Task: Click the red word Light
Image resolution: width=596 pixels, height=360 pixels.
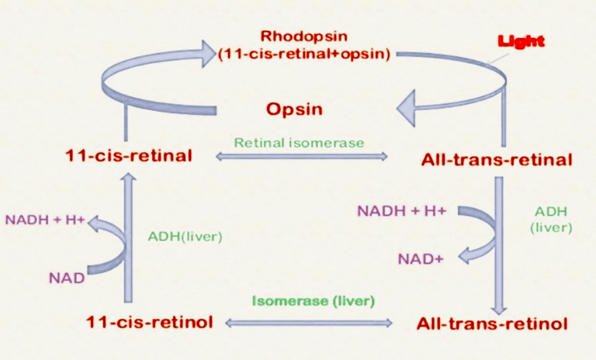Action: coord(521,40)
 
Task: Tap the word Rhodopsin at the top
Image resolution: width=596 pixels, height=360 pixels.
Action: coord(304,36)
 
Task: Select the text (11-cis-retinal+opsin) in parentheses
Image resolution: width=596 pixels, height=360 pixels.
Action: coord(304,54)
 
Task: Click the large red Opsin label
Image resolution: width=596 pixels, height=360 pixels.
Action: coord(294,109)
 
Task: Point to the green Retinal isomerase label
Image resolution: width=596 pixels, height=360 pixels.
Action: coord(299,143)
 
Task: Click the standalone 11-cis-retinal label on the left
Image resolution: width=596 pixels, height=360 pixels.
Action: coord(129,156)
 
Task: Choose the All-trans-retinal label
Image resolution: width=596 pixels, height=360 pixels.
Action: coord(497,160)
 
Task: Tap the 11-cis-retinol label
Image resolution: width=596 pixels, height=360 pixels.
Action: coord(150,322)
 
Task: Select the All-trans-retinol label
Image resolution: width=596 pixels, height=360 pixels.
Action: coord(492,324)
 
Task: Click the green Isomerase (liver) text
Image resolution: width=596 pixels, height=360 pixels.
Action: coord(314,301)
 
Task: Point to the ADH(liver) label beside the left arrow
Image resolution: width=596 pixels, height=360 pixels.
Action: coord(185,237)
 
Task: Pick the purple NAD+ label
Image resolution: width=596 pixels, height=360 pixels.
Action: coord(421,259)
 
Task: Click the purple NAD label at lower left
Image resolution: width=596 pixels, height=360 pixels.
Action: coord(67,279)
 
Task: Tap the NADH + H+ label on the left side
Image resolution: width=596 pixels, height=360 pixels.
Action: coord(45,220)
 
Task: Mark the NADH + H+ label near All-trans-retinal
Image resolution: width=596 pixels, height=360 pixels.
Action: coord(402,210)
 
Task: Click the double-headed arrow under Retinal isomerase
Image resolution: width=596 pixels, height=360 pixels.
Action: coord(302,156)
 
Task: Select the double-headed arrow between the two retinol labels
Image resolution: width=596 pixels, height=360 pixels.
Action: coord(309,323)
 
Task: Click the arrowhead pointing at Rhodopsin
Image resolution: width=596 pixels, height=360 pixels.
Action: coord(209,54)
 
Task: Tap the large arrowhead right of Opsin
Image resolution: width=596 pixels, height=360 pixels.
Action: coord(406,109)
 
